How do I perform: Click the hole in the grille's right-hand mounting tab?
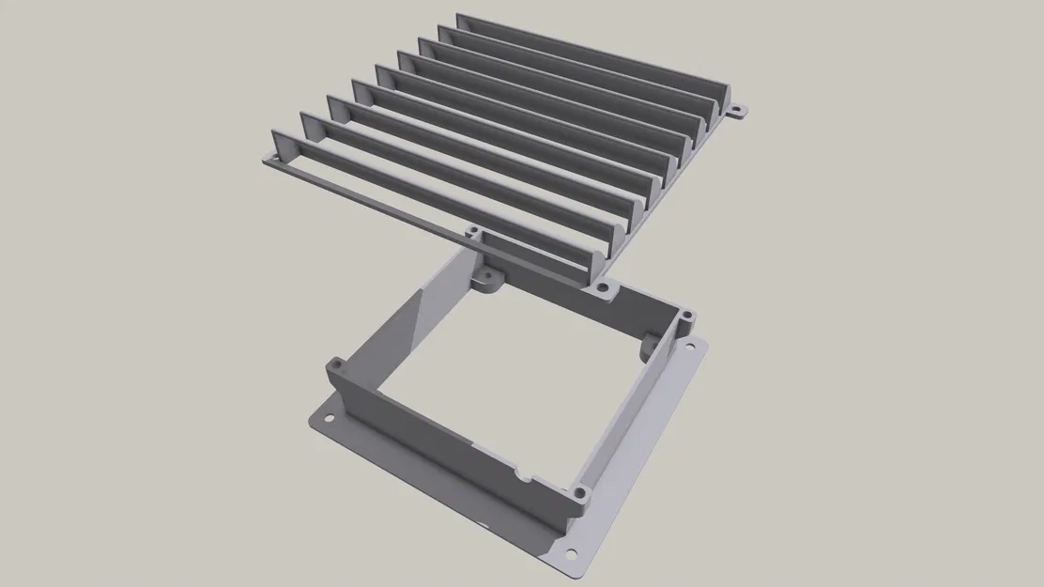(736, 111)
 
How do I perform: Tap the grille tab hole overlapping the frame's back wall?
(475, 229)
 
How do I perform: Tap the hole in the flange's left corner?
(330, 410)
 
